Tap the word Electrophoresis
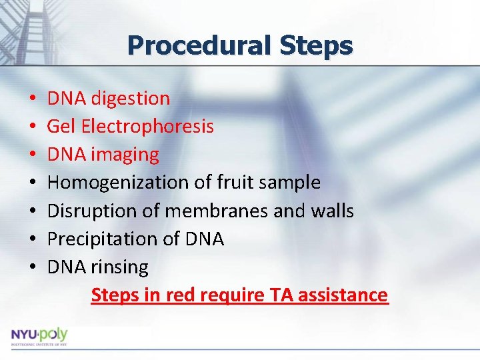pyautogui.click(x=149, y=127)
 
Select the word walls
pyautogui.click(x=332, y=211)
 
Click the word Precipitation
pyautogui.click(x=98, y=239)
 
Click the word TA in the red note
pyautogui.click(x=282, y=295)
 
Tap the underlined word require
pyautogui.click(x=229, y=295)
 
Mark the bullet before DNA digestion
pyautogui.click(x=33, y=99)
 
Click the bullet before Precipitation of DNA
pyautogui.click(x=33, y=239)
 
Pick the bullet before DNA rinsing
pyautogui.click(x=33, y=267)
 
